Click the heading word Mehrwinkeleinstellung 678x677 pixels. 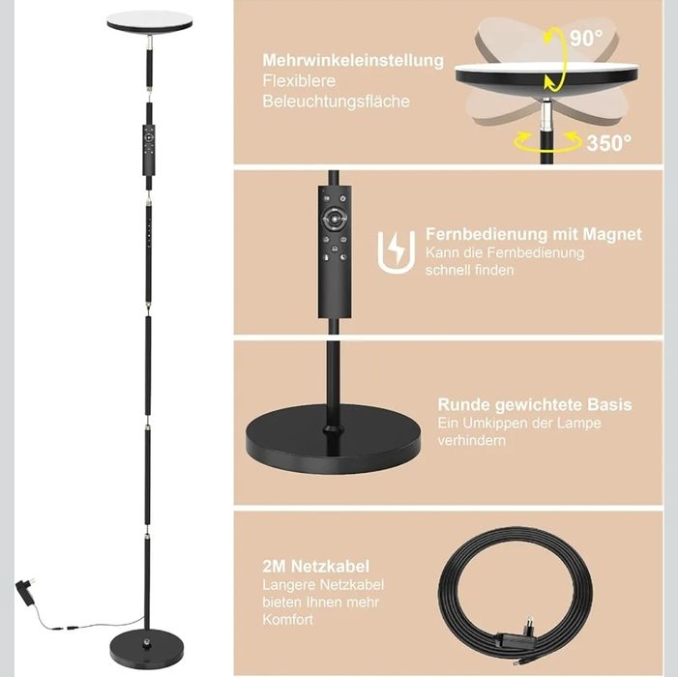pyautogui.click(x=353, y=60)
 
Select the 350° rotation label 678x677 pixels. pyautogui.click(x=608, y=142)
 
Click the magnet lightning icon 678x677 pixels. pyautogui.click(x=393, y=250)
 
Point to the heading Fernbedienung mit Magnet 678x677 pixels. pyautogui.click(x=533, y=234)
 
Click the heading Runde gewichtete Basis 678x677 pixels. pyautogui.click(x=534, y=404)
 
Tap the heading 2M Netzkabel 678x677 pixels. pyautogui.click(x=303, y=566)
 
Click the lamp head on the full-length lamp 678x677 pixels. pyautogui.click(x=149, y=20)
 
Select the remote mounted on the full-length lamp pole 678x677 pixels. pyautogui.click(x=149, y=147)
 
